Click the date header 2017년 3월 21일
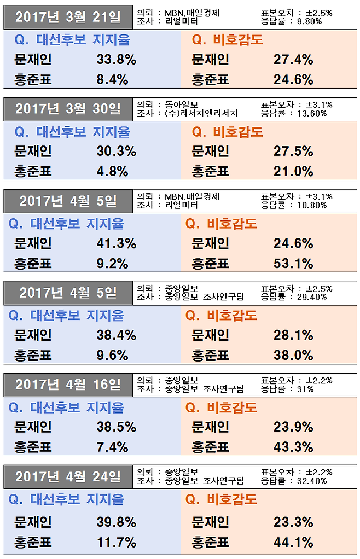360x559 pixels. [68, 18]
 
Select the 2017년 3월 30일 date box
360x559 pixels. [68, 109]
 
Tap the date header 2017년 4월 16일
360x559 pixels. [68, 385]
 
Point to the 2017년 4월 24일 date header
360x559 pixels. [68, 477]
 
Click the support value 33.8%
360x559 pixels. [116, 60]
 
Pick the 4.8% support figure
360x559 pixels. [112, 171]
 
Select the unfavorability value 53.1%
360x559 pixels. [293, 264]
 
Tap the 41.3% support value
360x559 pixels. [116, 243]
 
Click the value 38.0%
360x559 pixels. [293, 356]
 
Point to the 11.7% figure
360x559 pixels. [116, 542]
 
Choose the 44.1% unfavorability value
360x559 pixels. [293, 542]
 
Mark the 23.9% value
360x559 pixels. [293, 427]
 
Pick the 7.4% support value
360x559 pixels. [112, 447]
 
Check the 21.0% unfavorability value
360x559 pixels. [293, 171]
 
